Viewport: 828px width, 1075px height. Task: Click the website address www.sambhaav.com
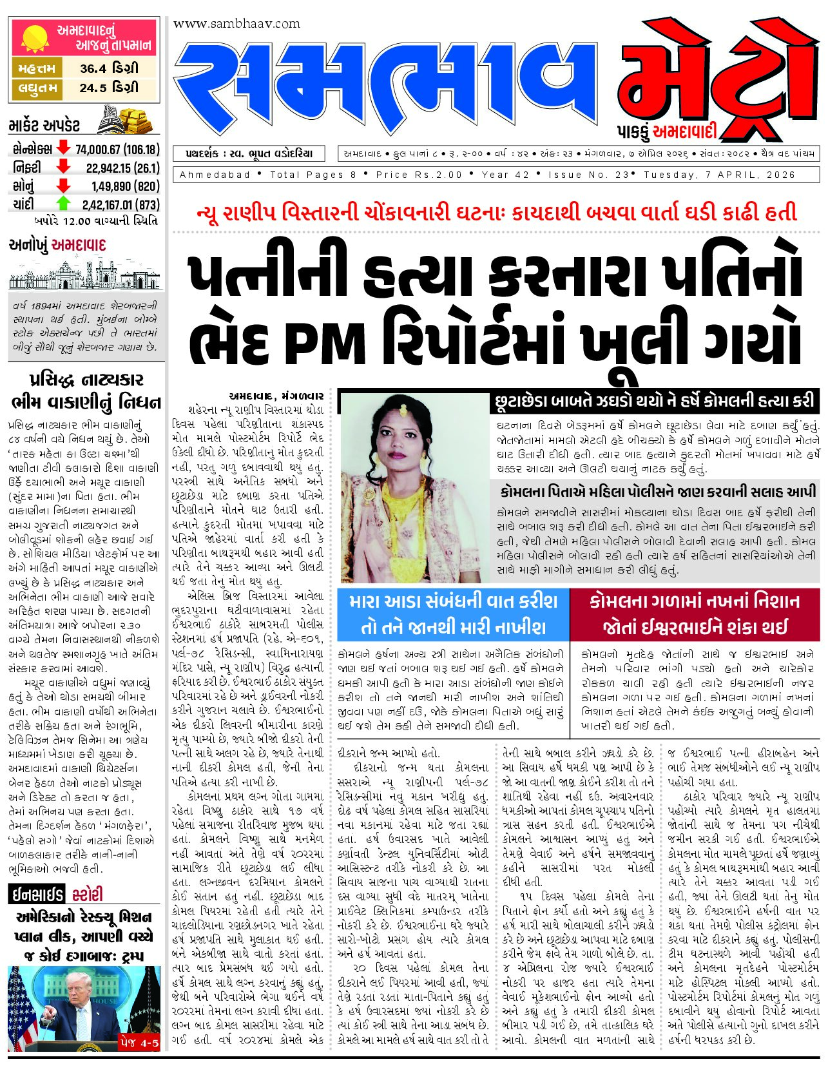[236, 24]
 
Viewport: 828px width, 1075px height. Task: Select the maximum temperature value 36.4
[93, 68]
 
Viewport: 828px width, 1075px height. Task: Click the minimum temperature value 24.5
[93, 88]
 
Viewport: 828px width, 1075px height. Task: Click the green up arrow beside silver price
[63, 204]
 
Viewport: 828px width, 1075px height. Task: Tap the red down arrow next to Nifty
[63, 168]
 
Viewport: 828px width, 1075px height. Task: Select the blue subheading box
[453, 614]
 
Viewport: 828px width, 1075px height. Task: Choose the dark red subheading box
[695, 614]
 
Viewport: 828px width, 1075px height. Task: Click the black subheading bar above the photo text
[654, 402]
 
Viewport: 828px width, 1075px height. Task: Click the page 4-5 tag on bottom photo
[139, 1041]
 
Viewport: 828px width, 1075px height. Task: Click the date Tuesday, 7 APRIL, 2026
[719, 175]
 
